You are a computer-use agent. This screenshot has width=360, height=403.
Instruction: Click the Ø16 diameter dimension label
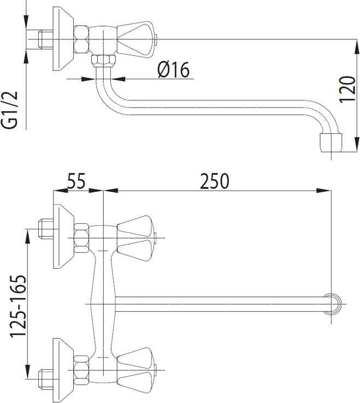click(x=174, y=70)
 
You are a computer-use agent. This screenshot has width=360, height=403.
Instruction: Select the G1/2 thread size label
click(x=10, y=110)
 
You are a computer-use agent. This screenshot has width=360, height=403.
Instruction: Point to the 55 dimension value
click(x=76, y=181)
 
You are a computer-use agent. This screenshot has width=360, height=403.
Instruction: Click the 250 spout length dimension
click(x=215, y=181)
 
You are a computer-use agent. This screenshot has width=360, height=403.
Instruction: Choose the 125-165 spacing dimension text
click(x=18, y=306)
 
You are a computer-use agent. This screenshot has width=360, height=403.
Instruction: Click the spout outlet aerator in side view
click(x=331, y=143)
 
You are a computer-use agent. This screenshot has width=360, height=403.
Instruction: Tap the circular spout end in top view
click(x=333, y=304)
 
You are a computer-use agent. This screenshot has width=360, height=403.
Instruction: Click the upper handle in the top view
click(x=136, y=238)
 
